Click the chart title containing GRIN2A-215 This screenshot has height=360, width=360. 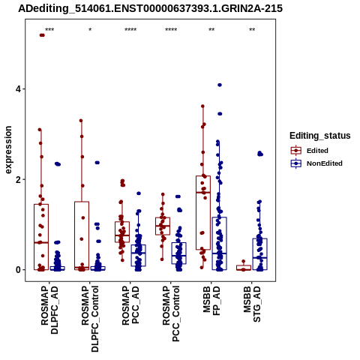(x=150, y=8)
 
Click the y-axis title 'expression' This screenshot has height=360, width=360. (x=8, y=150)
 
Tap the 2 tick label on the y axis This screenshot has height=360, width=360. (x=19, y=179)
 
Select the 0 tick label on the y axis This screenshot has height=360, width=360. (x=19, y=270)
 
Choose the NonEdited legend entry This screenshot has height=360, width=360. (x=316, y=163)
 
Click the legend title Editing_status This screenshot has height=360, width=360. (x=320, y=136)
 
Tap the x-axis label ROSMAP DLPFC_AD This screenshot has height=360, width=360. (x=49, y=310)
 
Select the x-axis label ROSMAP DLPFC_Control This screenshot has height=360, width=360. (x=90, y=319)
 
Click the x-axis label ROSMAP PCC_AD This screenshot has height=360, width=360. (x=130, y=305)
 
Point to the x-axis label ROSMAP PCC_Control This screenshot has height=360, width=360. (x=171, y=313)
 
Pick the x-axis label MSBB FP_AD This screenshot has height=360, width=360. (x=211, y=301)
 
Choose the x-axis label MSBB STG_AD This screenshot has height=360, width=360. (x=252, y=304)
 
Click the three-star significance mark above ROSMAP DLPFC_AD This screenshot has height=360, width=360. (x=49, y=30)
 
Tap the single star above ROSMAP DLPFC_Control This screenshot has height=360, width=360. (x=90, y=29)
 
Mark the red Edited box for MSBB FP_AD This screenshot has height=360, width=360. (x=203, y=213)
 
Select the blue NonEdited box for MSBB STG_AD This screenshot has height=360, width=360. (x=260, y=254)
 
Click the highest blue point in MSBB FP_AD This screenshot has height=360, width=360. (x=220, y=85)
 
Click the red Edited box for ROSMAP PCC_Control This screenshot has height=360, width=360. (x=163, y=226)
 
